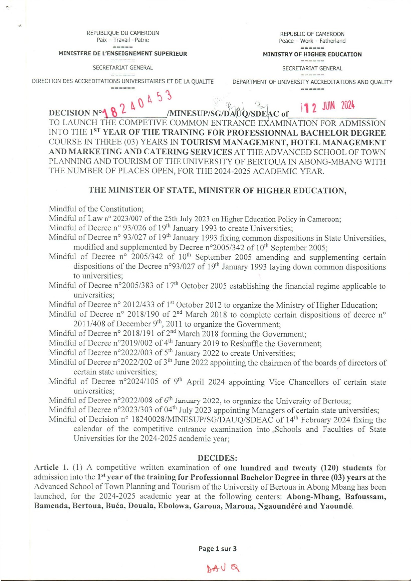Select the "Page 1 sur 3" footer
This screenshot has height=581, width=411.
(218, 548)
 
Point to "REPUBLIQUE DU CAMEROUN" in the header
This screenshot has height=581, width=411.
(123, 33)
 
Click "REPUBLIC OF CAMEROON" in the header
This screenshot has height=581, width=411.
(312, 34)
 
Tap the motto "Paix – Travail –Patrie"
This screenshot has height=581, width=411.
(123, 40)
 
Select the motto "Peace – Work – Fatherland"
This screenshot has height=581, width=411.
(312, 41)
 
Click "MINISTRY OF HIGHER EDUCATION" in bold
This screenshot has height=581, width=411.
(312, 54)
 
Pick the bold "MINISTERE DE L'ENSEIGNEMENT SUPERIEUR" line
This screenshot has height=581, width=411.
(123, 54)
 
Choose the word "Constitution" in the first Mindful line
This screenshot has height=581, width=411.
(121, 209)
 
